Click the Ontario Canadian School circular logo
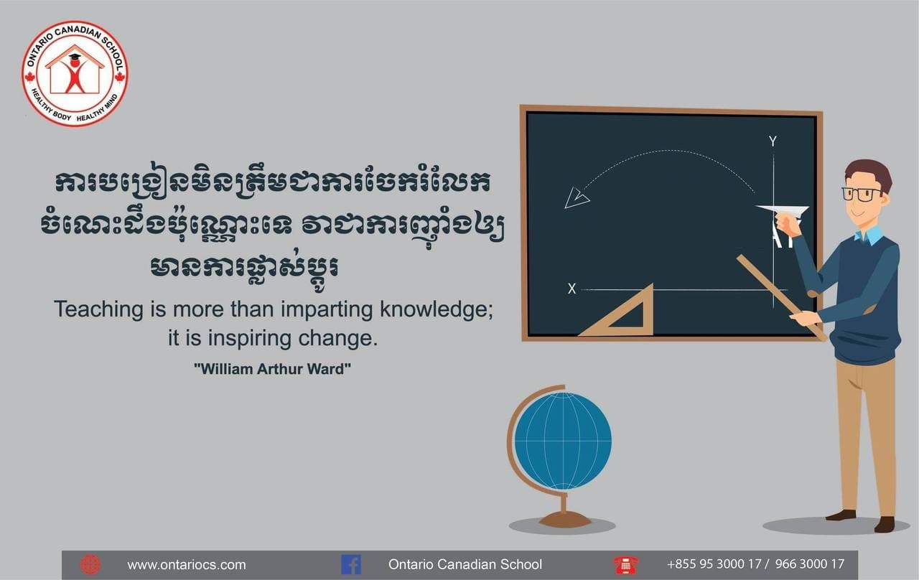75,73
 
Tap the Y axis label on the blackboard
773,141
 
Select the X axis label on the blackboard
572,289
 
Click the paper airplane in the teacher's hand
782,211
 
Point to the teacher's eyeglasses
861,194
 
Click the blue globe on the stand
563,441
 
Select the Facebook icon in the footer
351,565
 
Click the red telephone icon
625,565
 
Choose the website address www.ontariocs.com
186,565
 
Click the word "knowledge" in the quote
436,309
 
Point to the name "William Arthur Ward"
272,369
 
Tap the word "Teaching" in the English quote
98,309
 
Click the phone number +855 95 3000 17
714,564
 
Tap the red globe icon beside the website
90,565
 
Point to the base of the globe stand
565,519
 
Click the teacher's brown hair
868,172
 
